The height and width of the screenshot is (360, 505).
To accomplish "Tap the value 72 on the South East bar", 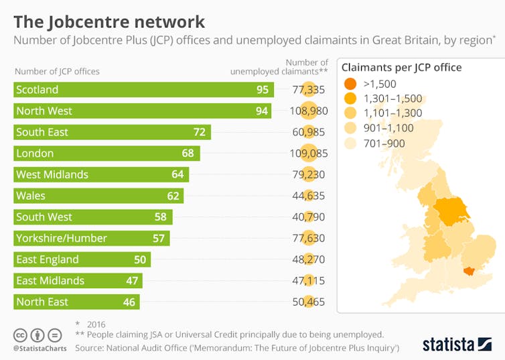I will click(x=199, y=132).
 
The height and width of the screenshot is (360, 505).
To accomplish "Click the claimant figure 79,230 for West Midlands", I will click(x=309, y=175).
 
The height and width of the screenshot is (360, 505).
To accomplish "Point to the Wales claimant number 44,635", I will click(x=309, y=196).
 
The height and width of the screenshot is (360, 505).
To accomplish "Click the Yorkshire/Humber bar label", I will click(x=62, y=238).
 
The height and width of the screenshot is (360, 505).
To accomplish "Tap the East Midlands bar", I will click(x=78, y=281).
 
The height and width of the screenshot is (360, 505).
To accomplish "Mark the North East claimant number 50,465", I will click(x=309, y=302).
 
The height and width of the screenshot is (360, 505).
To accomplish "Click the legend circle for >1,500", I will click(x=350, y=84).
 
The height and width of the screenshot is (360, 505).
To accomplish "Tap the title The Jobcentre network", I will click(x=109, y=22).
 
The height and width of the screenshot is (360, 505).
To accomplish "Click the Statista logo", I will click(x=456, y=344).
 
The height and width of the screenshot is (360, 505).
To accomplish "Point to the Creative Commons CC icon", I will click(x=20, y=335).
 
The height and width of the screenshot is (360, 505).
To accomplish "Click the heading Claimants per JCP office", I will click(x=401, y=67).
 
